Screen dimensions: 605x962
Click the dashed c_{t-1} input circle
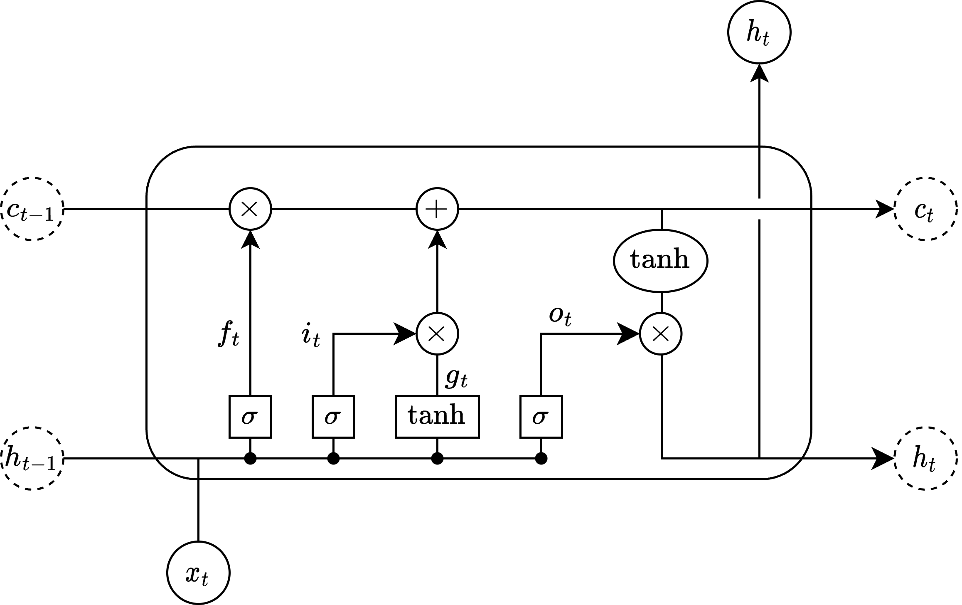32,209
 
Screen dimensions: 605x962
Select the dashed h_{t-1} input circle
32,458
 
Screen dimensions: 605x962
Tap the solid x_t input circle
198,573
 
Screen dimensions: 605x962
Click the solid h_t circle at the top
759,32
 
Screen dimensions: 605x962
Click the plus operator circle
437,209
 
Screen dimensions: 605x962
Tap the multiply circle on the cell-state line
250,209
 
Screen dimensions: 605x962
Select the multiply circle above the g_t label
437,333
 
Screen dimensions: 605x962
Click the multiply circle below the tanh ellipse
661,333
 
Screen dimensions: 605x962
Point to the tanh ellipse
661,261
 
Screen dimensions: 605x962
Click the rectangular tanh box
437,417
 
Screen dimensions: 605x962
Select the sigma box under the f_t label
250,417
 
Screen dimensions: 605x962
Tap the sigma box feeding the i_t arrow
333,417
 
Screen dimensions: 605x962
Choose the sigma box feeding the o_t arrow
541,417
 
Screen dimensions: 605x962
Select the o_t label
560,317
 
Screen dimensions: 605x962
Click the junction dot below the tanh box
437,459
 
